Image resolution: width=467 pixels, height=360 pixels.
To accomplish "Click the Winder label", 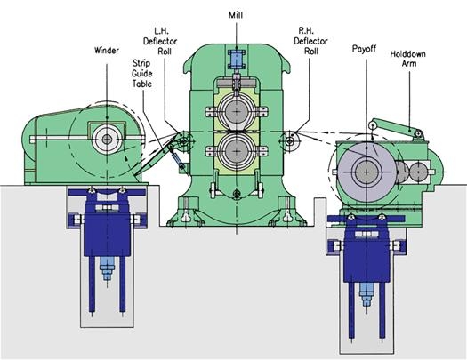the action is click(x=107, y=51).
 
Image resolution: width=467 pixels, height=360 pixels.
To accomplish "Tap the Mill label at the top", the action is click(x=236, y=15).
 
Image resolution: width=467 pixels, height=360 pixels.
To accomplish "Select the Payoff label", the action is click(x=364, y=49).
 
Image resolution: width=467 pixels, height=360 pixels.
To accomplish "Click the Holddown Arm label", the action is click(x=408, y=59).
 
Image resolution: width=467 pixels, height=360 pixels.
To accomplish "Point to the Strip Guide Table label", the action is click(x=142, y=74).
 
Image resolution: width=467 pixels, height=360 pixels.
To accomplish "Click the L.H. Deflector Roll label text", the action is click(x=160, y=41).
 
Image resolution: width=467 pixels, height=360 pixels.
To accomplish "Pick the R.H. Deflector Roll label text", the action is click(x=310, y=41).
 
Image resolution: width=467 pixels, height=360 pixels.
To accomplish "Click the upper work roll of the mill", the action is click(x=237, y=112).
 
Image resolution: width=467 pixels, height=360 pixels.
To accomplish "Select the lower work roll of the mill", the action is click(x=237, y=151).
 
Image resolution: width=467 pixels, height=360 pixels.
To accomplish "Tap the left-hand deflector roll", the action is click(x=184, y=140).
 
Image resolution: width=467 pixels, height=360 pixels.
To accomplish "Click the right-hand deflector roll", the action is click(x=290, y=141).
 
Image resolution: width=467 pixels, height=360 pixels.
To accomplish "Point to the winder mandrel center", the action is click(x=107, y=139).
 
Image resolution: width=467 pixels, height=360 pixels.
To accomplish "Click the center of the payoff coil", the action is click(x=366, y=172).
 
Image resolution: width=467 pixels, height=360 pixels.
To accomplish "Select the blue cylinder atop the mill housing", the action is click(x=237, y=60).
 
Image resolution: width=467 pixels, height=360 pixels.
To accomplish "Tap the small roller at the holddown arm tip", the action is click(x=373, y=126).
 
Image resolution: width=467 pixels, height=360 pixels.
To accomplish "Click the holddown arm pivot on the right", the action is click(x=418, y=134).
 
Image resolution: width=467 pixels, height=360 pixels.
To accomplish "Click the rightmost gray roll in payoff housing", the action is click(x=419, y=172).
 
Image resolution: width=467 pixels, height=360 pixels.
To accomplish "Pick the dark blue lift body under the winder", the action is click(x=108, y=222).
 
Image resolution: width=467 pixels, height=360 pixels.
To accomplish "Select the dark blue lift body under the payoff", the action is click(x=366, y=249).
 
